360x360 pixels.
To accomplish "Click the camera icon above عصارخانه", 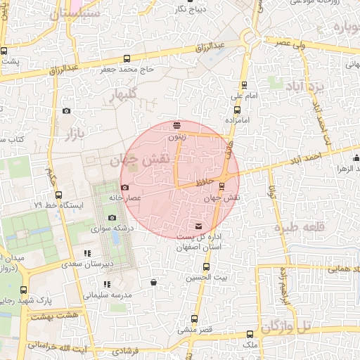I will coord(125,188).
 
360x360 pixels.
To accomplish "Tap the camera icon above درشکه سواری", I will coord(112,218).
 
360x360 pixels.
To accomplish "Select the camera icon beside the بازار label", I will coord(67,110).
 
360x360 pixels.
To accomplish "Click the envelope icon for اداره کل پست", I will coord(199,226).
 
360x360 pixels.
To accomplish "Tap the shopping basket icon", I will coord(153,283).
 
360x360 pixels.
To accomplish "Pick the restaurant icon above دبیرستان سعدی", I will coord(87,253).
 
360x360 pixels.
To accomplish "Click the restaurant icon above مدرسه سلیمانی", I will coord(107,284).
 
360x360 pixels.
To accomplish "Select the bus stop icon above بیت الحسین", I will coord(206,267).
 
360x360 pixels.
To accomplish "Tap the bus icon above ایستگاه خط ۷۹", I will coord(58,195).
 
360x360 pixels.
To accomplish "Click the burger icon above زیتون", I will coord(176,126).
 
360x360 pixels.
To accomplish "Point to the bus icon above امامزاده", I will coord(236,110).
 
